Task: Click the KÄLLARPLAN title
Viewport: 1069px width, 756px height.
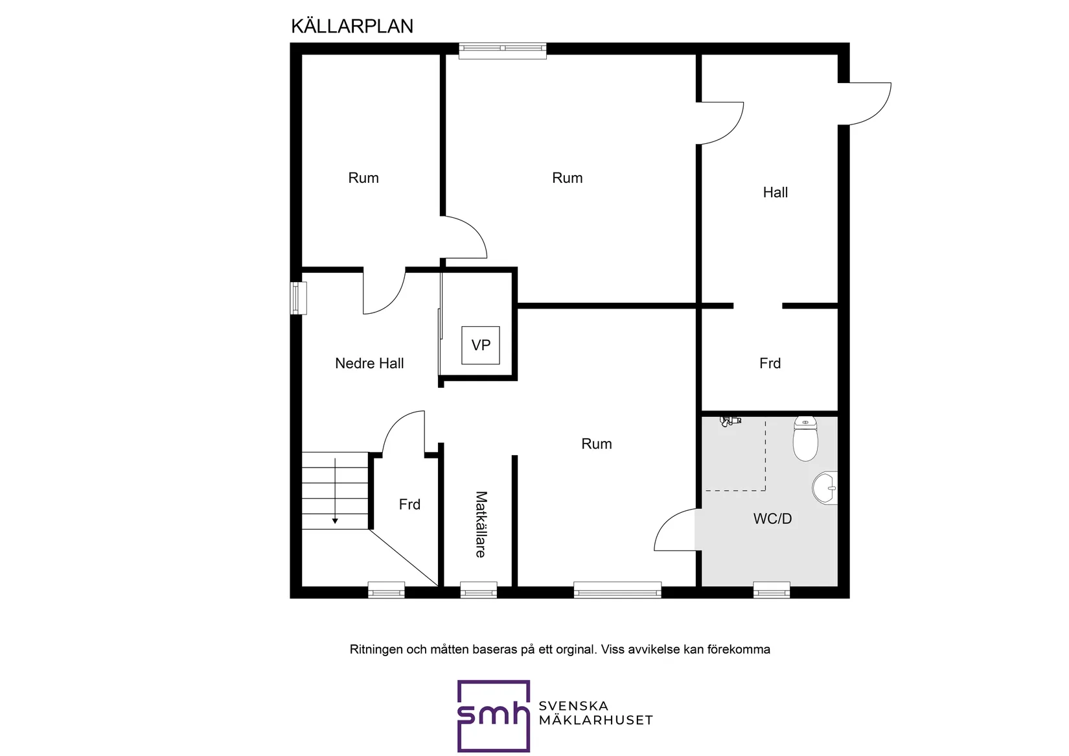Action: pyautogui.click(x=352, y=27)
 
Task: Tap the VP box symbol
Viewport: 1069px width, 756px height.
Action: pyautogui.click(x=481, y=345)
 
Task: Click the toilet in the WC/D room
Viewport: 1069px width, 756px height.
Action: pyautogui.click(x=805, y=439)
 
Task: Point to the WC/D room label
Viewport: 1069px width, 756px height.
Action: pyautogui.click(x=772, y=519)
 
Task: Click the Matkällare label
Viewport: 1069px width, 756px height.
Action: pyautogui.click(x=481, y=524)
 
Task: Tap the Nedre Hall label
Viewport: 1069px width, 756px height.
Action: pyautogui.click(x=369, y=364)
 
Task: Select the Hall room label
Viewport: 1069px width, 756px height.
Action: pyautogui.click(x=775, y=193)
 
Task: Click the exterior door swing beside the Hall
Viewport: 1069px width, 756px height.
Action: pyautogui.click(x=868, y=104)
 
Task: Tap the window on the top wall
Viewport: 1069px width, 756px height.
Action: pyautogui.click(x=503, y=50)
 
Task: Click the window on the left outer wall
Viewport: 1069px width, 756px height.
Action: pyautogui.click(x=297, y=298)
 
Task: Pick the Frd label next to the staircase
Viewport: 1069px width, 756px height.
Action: pyautogui.click(x=409, y=504)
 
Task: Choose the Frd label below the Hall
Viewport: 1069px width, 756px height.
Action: pyautogui.click(x=770, y=364)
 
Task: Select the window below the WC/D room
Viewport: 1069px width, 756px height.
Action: pyautogui.click(x=772, y=590)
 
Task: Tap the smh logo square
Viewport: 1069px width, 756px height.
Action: pyautogui.click(x=494, y=716)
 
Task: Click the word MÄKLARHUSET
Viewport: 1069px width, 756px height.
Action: pyautogui.click(x=595, y=720)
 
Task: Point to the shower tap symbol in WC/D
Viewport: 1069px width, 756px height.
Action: pyautogui.click(x=730, y=421)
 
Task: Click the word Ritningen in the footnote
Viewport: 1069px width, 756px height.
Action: pyautogui.click(x=376, y=650)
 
